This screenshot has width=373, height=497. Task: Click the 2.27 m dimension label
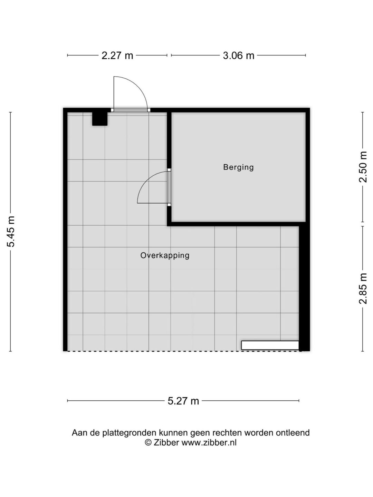(x=117, y=56)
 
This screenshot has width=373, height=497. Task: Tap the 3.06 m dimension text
(x=238, y=56)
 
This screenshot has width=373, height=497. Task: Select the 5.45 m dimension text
(x=11, y=231)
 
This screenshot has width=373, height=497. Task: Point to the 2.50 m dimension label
(x=363, y=167)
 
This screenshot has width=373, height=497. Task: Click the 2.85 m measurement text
(x=363, y=288)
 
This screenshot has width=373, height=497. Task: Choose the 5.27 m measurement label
(x=183, y=401)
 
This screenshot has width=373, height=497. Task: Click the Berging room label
(x=238, y=167)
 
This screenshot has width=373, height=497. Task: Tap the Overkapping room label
(x=165, y=256)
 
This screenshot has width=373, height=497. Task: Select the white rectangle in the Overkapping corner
(x=270, y=345)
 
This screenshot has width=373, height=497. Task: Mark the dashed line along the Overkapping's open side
(x=183, y=351)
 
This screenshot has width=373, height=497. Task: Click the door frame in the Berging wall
(x=169, y=187)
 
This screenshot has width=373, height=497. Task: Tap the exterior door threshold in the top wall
(x=131, y=110)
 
